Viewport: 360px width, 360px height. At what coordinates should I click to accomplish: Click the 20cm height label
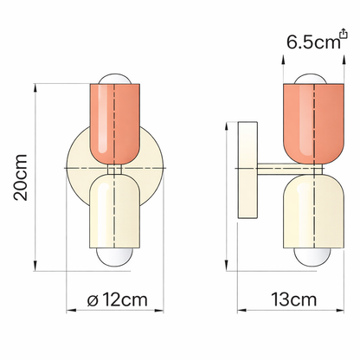20,177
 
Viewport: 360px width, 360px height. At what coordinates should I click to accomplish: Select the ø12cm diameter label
116,300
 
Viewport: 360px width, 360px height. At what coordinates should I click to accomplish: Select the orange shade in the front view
115,121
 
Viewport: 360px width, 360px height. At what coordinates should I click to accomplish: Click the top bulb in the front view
115,81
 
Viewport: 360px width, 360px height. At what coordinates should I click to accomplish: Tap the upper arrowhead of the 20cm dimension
35,87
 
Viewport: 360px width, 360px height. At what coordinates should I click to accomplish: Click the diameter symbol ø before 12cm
92,300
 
